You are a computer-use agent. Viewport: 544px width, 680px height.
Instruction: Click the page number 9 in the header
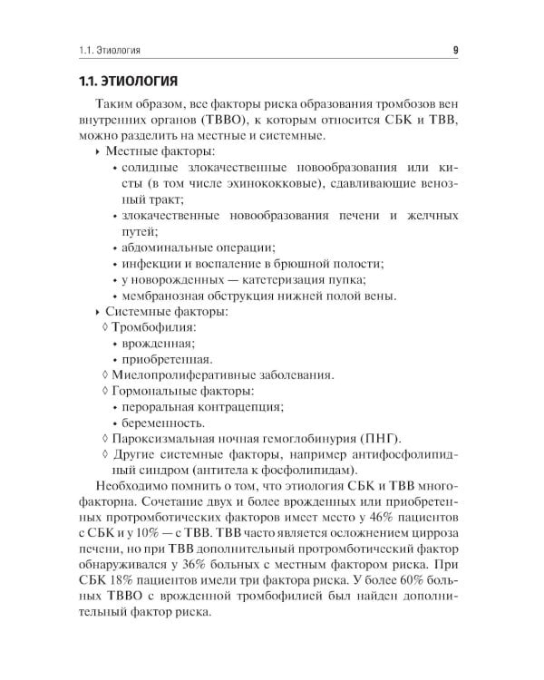coord(454,49)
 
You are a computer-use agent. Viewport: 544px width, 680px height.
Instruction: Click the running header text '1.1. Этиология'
coord(112,49)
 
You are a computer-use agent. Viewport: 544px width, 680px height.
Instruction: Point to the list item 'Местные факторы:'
coord(160,152)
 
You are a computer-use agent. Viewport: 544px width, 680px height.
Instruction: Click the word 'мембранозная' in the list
coord(163,296)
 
